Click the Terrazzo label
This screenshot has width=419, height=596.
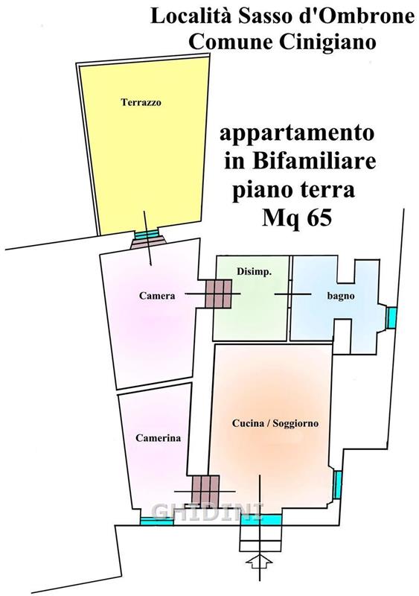141,102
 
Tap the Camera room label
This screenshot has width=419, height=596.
157,295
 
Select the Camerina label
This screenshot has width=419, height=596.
158,438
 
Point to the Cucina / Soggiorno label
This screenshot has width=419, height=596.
275,423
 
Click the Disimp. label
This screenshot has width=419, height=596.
254,272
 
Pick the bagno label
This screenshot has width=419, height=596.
341,296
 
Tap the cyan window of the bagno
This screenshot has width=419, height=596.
391,318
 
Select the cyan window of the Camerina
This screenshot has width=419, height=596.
157,521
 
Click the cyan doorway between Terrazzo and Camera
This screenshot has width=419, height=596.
147,234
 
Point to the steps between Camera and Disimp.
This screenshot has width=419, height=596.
218,294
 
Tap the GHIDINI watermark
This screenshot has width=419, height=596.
208,511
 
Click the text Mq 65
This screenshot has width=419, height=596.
297,218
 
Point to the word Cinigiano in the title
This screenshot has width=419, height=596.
327,42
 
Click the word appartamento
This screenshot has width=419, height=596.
297,134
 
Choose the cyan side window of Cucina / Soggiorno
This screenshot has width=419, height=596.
337,484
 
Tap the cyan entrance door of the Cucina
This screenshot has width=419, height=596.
261,519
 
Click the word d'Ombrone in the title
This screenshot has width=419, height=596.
359,16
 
